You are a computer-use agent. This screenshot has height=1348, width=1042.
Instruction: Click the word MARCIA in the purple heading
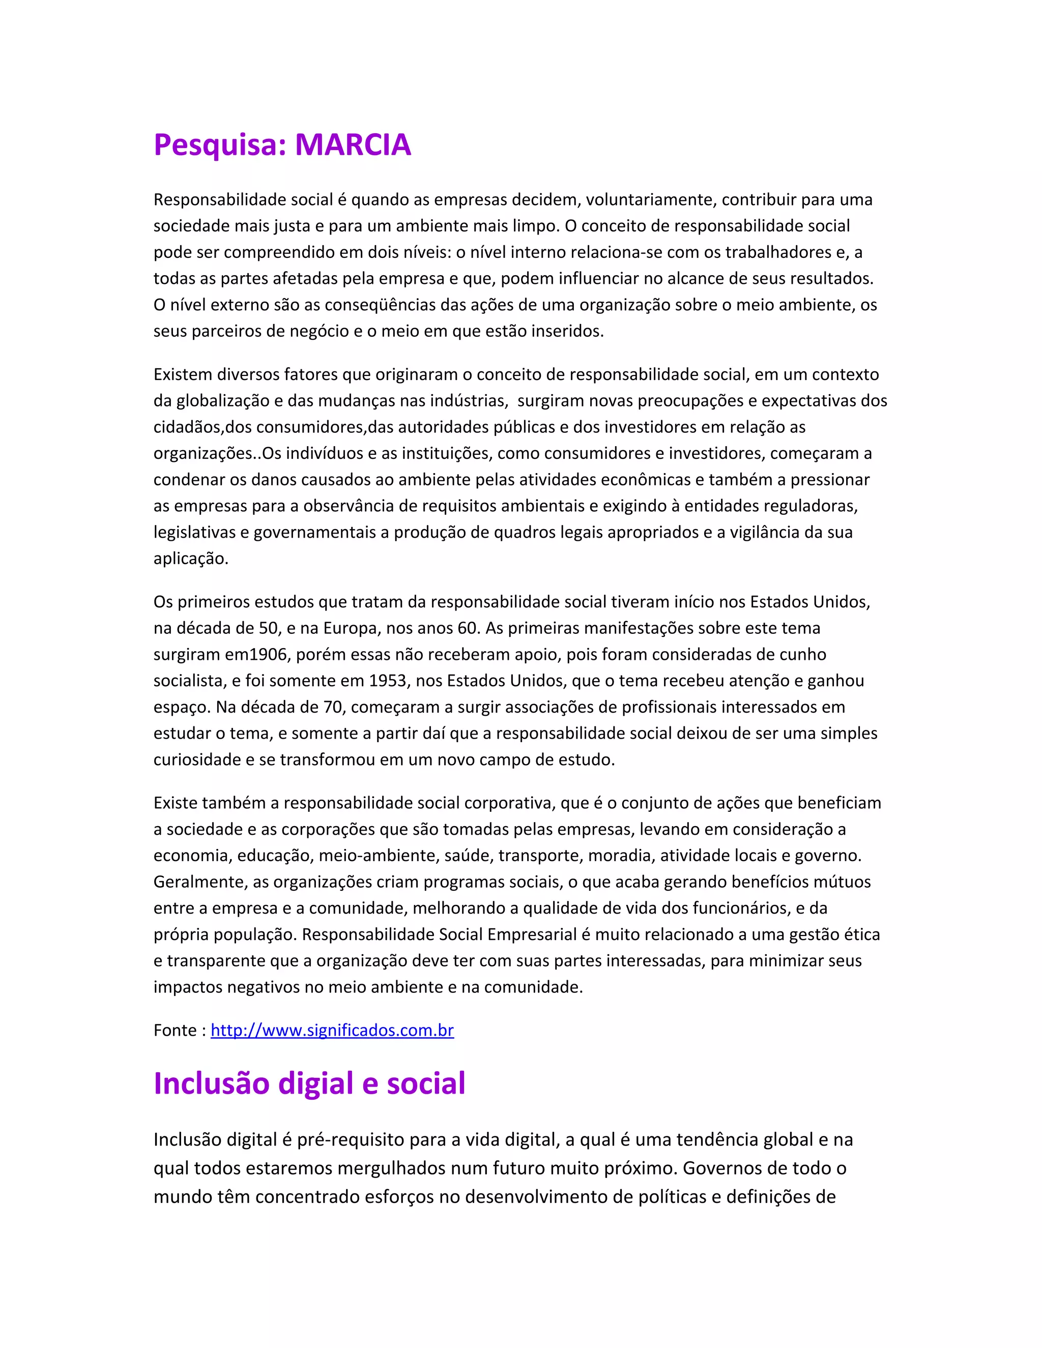[x=353, y=145]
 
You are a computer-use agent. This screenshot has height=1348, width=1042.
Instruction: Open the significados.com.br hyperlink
[x=332, y=1030]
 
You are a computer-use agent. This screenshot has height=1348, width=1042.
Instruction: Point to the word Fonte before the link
[x=176, y=1030]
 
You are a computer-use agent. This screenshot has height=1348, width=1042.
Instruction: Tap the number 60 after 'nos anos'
[x=467, y=628]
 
